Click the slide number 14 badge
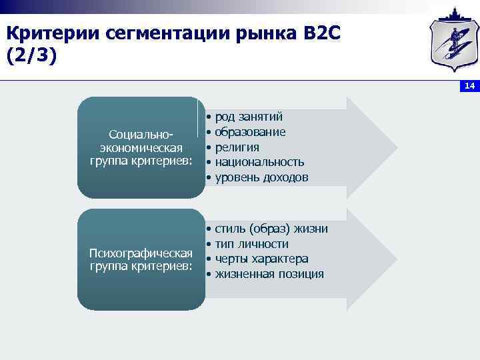click(x=469, y=87)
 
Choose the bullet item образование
click(x=250, y=132)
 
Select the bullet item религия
click(x=237, y=147)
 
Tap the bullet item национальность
click(x=259, y=162)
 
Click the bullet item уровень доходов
click(x=261, y=177)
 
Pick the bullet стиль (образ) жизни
click(x=271, y=229)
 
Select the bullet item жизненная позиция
click(x=269, y=274)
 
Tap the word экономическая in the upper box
click(x=141, y=147)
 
